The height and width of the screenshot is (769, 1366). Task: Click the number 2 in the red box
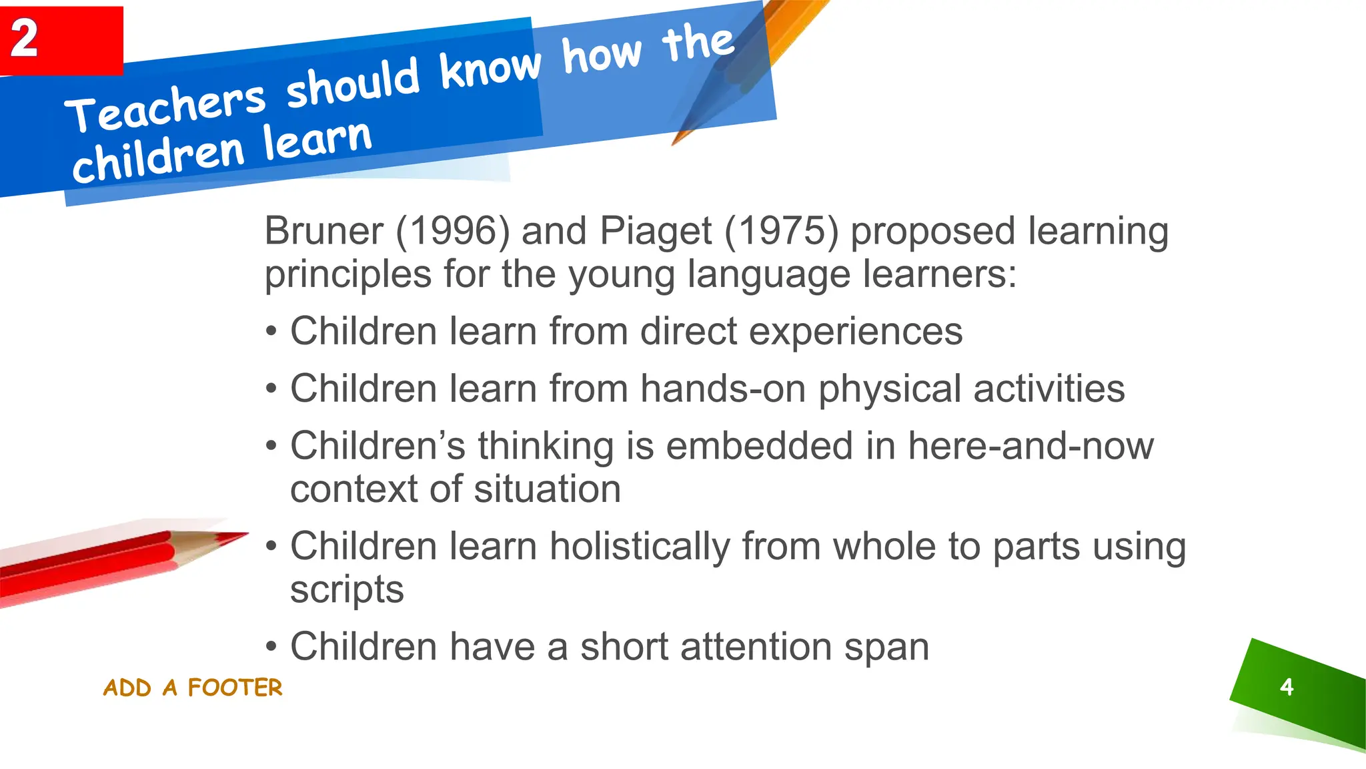click(x=25, y=38)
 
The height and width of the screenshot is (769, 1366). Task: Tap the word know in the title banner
click(x=490, y=69)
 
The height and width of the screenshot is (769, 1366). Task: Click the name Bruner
click(x=323, y=231)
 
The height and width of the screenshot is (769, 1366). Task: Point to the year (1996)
click(x=453, y=231)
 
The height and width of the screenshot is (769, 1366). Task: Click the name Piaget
click(x=656, y=231)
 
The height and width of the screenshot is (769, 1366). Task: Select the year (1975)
click(x=781, y=231)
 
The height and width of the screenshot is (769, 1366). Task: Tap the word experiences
click(x=856, y=332)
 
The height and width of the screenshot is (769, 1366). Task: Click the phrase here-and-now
click(x=1031, y=446)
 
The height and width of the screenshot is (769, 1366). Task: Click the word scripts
click(x=347, y=590)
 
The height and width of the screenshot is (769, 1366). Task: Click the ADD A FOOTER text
click(x=193, y=688)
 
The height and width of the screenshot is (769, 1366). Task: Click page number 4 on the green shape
click(x=1287, y=687)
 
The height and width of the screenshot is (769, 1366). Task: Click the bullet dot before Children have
click(x=271, y=647)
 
